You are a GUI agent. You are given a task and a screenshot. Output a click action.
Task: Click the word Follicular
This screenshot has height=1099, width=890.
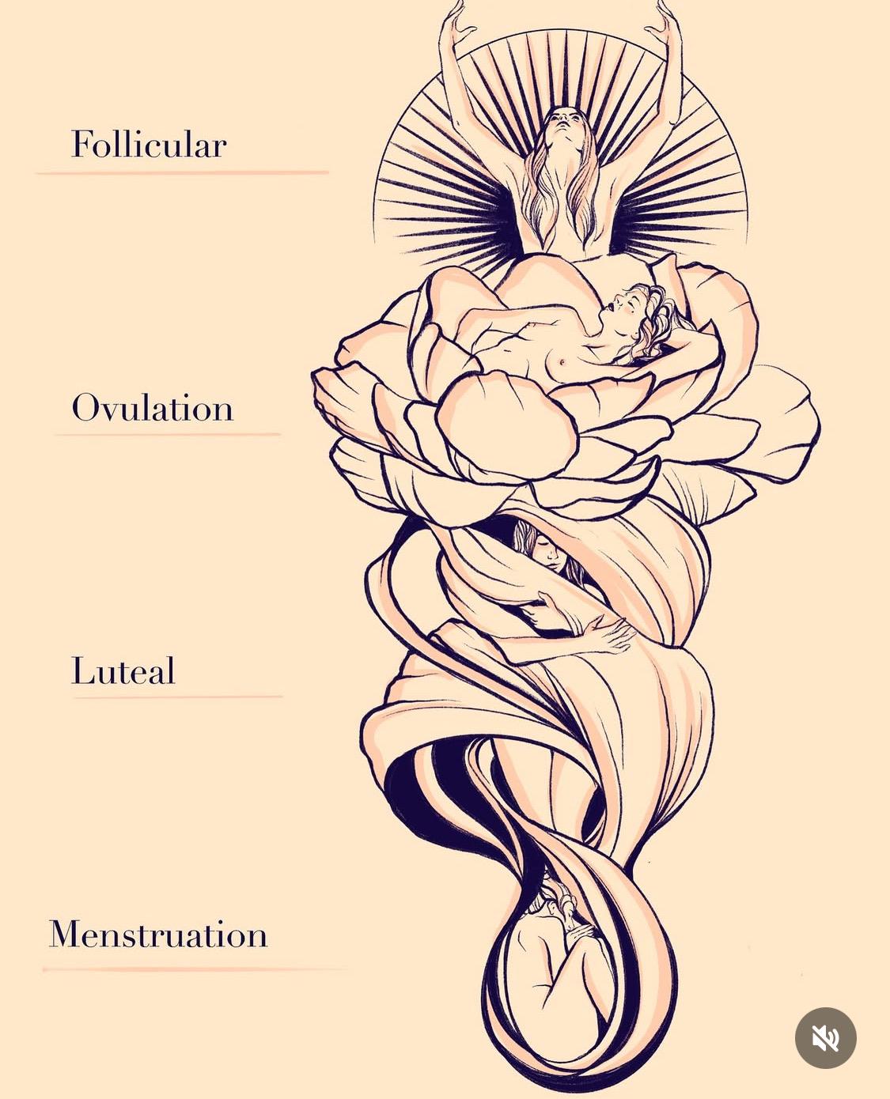(x=149, y=144)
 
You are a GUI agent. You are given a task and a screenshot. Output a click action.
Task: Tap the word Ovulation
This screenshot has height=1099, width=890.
(x=153, y=408)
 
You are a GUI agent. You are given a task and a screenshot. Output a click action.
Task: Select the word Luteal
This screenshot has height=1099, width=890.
(x=123, y=670)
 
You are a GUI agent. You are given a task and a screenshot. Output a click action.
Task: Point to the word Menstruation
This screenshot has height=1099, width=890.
(x=158, y=935)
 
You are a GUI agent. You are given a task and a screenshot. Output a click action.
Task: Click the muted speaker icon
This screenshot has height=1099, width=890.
(x=825, y=1038)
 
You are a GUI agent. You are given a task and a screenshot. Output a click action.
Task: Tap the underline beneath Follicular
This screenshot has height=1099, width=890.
(x=182, y=172)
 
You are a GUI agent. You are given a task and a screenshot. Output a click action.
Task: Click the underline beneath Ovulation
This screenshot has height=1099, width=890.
(x=168, y=434)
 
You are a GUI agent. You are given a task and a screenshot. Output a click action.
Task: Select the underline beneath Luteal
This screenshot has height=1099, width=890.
(x=177, y=697)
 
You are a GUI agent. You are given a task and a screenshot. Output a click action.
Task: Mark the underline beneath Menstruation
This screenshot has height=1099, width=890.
(x=196, y=969)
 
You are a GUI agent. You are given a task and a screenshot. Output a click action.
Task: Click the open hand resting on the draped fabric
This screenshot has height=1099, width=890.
(x=609, y=633)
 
